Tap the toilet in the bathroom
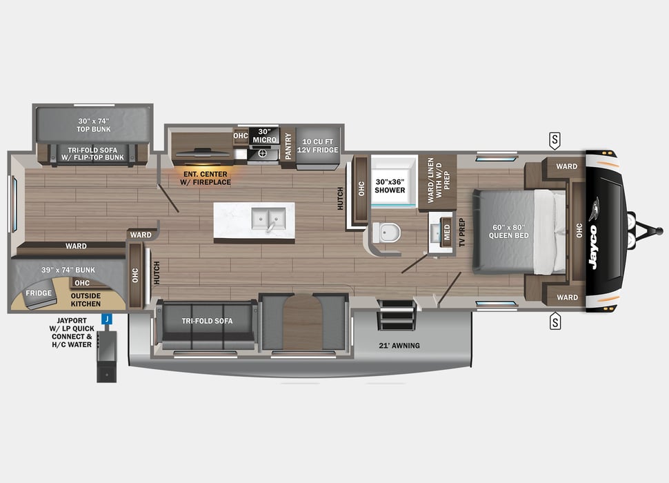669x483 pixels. pyautogui.click(x=388, y=233)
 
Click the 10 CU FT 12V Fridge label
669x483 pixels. pyautogui.click(x=317, y=144)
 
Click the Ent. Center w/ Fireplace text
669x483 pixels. pyautogui.click(x=207, y=177)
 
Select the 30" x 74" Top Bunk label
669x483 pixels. pyautogui.click(x=93, y=124)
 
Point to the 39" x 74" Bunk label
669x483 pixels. pyautogui.click(x=68, y=269)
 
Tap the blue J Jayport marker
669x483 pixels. pyautogui.click(x=107, y=319)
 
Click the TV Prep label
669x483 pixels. pyautogui.click(x=462, y=233)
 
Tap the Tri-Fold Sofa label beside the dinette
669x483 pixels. pyautogui.click(x=207, y=321)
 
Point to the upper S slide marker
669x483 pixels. pyautogui.click(x=555, y=140)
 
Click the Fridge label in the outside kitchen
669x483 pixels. pyautogui.click(x=39, y=293)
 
